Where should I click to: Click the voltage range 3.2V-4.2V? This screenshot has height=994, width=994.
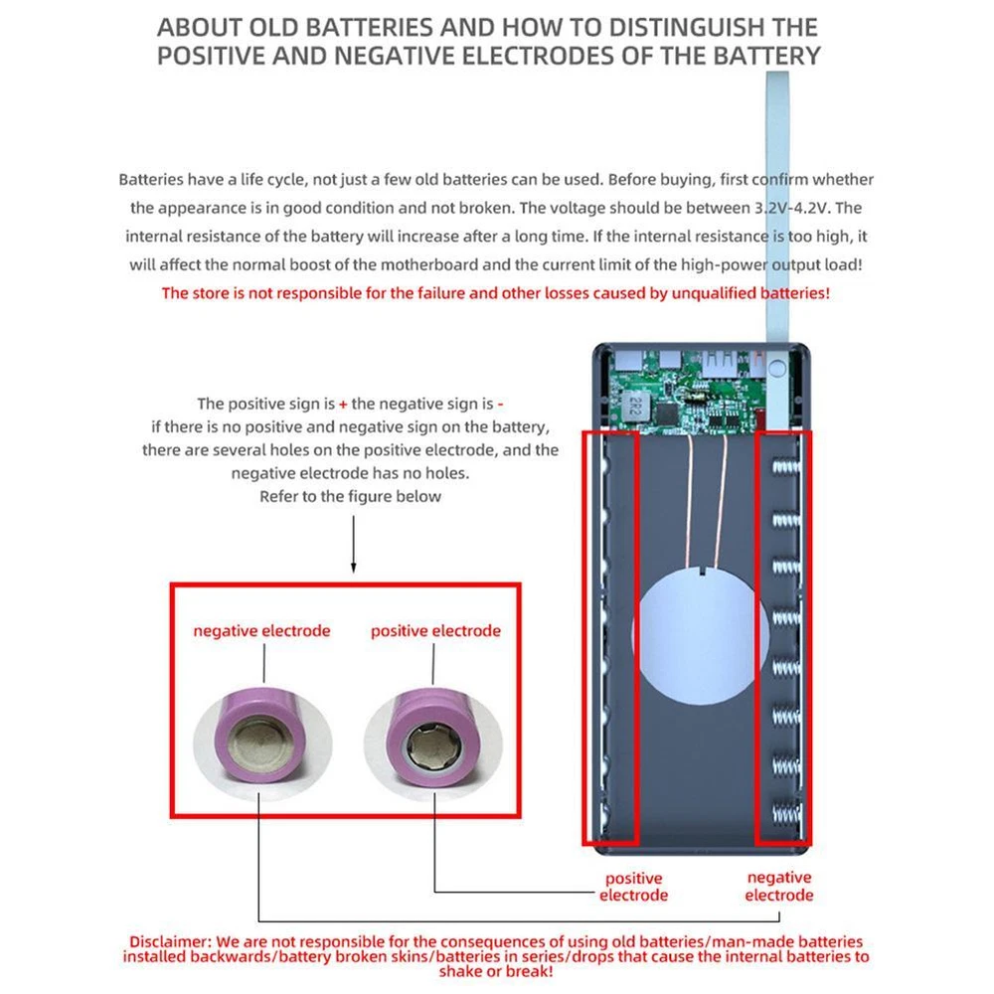792,208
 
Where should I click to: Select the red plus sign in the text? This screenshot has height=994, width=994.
343,404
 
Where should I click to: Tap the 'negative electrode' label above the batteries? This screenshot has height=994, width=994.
261,631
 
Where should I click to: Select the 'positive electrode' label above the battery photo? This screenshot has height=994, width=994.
435,631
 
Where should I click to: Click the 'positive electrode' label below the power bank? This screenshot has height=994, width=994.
633,887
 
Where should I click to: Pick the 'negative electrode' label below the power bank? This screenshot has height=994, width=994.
778,887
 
